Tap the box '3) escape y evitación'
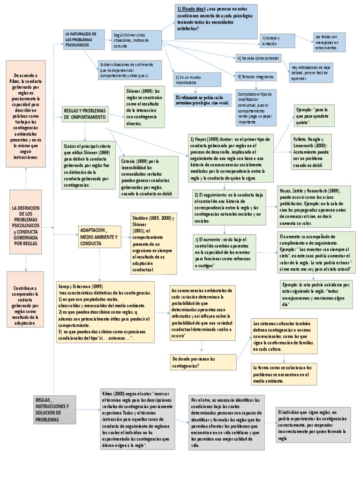coord(278,40)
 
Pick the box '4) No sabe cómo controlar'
coord(258,59)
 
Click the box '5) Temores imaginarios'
coord(256,76)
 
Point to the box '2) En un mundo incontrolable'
coord(191,80)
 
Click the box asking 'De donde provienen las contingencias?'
coord(203,362)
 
